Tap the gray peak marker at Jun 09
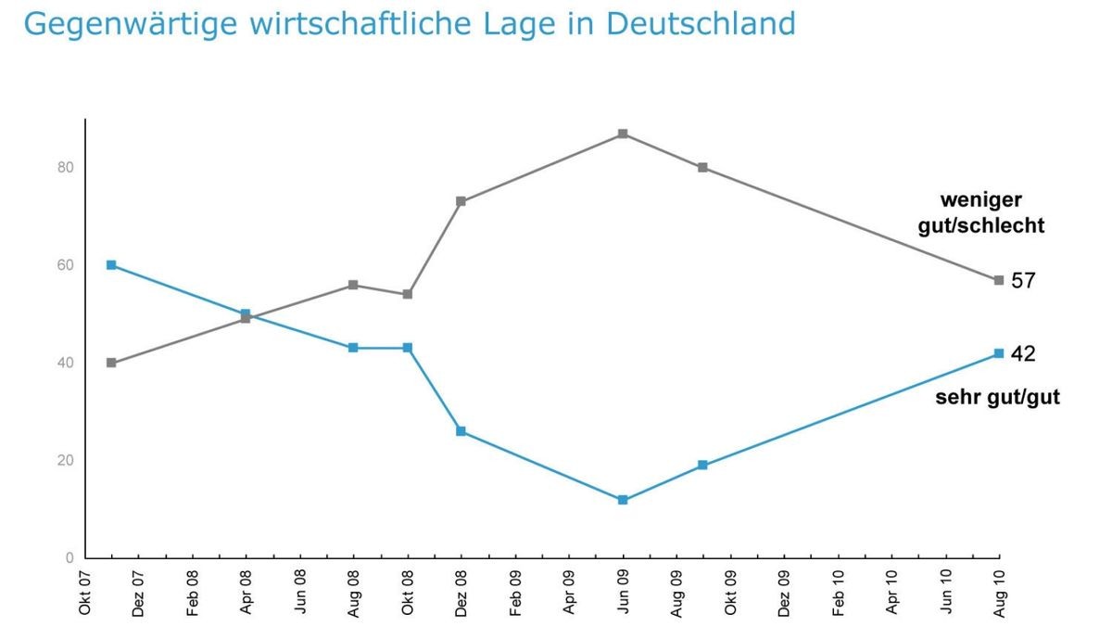[x=623, y=134]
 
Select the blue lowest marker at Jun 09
[x=623, y=500]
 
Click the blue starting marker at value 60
[x=111, y=265]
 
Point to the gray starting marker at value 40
[x=111, y=363]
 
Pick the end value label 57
[x=1023, y=280]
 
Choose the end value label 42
[x=1023, y=353]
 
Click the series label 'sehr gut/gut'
[x=997, y=398]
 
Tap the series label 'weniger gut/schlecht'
[x=981, y=212]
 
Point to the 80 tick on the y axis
[x=65, y=168]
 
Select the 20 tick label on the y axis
[x=65, y=461]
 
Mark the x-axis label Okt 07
[x=85, y=592]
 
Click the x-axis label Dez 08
[x=461, y=592]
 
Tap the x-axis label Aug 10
[x=1000, y=592]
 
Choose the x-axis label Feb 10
[x=839, y=592]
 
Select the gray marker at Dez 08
[x=461, y=201]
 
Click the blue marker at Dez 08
[x=461, y=431]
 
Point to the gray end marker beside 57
[x=999, y=280]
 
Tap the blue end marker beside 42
[x=999, y=353]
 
